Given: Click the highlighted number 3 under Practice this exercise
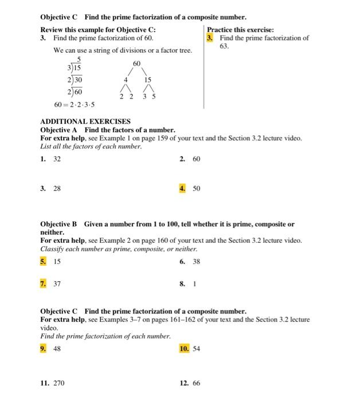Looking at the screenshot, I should [210, 38].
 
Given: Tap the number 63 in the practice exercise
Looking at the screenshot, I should [224, 46].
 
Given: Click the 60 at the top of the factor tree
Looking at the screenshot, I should [137, 62].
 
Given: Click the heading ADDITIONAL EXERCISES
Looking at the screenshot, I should [85, 122].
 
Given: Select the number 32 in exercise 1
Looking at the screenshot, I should [57, 159].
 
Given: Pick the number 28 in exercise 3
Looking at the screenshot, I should [57, 188].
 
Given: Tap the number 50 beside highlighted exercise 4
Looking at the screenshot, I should [197, 188].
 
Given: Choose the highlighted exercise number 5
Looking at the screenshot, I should [44, 261].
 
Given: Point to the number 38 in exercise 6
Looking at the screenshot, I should [197, 261].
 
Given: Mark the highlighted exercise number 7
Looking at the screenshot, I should [44, 283].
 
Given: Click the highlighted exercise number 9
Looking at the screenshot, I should [44, 348].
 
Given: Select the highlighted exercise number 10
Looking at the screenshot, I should [184, 348].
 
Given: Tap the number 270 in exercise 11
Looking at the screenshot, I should [59, 383].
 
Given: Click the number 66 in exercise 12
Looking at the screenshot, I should [197, 383].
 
